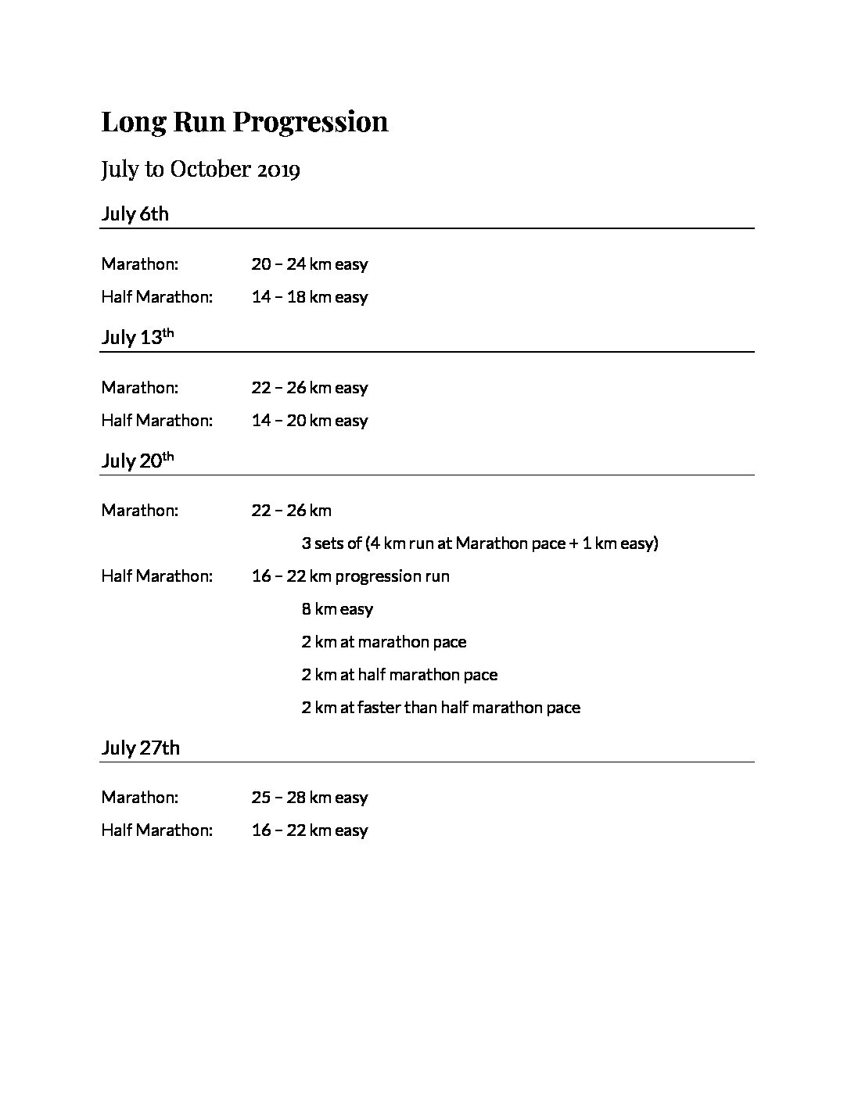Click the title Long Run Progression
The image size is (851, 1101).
[x=244, y=122]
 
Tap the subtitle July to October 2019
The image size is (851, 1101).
[x=200, y=170]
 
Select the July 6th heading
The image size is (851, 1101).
[x=135, y=214]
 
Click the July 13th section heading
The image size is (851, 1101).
[x=137, y=338]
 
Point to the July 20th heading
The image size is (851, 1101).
[x=137, y=461]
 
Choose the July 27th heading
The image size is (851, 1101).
[x=140, y=748]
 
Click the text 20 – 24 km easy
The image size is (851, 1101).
[x=309, y=264]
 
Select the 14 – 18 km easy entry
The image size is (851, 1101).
[x=309, y=297]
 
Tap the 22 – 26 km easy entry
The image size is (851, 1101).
[x=309, y=388]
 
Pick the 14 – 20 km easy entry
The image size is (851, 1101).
[x=309, y=421]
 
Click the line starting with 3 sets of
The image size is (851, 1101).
[x=479, y=543]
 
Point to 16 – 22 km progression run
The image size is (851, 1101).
[x=350, y=576]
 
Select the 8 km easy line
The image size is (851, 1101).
[x=337, y=609]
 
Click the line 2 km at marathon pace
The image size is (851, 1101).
[x=383, y=642]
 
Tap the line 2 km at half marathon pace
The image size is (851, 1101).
[x=399, y=675]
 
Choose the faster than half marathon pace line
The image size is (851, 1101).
[x=440, y=708]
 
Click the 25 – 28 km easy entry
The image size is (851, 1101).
[x=309, y=798]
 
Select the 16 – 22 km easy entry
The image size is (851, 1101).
[x=309, y=830]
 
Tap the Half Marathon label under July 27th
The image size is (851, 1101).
[x=156, y=830]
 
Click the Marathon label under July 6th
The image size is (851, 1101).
[x=139, y=264]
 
